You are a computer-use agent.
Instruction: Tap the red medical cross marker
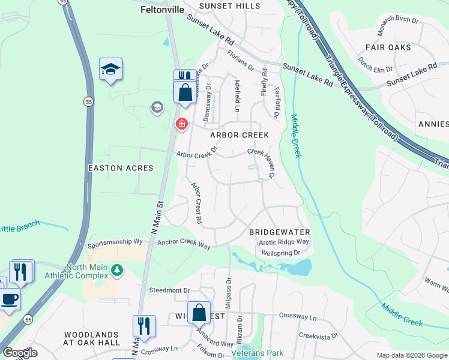181,124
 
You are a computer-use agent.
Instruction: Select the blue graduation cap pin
110,70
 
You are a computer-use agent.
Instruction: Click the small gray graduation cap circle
157,107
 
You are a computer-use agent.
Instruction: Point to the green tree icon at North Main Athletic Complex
118,271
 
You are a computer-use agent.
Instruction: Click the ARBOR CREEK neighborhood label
240,135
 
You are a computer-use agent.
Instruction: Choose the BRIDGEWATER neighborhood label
279,232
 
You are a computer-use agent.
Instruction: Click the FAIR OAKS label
388,47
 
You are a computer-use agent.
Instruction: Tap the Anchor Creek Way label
184,245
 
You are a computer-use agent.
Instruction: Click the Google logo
20,353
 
